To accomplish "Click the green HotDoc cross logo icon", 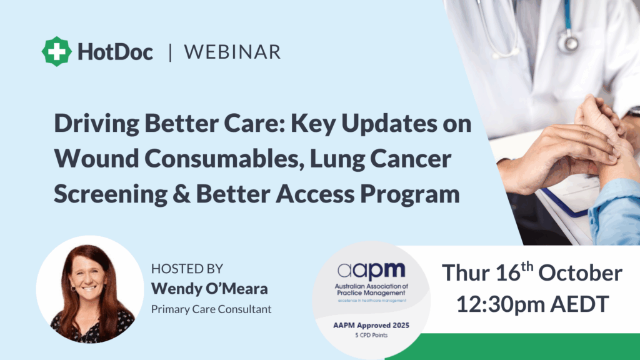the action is point(57,51).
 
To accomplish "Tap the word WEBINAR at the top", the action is point(232,52).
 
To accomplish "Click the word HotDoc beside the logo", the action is point(116,52).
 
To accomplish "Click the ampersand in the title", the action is point(181,194).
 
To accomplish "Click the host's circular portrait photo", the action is point(90,289).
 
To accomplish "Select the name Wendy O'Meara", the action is point(209,289).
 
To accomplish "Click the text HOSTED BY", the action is point(187,269).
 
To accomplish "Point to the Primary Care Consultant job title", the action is point(211,309).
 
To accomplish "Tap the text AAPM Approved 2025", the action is point(371,325).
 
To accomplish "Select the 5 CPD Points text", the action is point(371,335).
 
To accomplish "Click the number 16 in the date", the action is point(507,273).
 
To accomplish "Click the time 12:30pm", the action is point(500,304).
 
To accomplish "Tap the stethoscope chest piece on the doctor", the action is point(569,42).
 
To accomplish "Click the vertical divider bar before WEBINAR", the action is point(170,52).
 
